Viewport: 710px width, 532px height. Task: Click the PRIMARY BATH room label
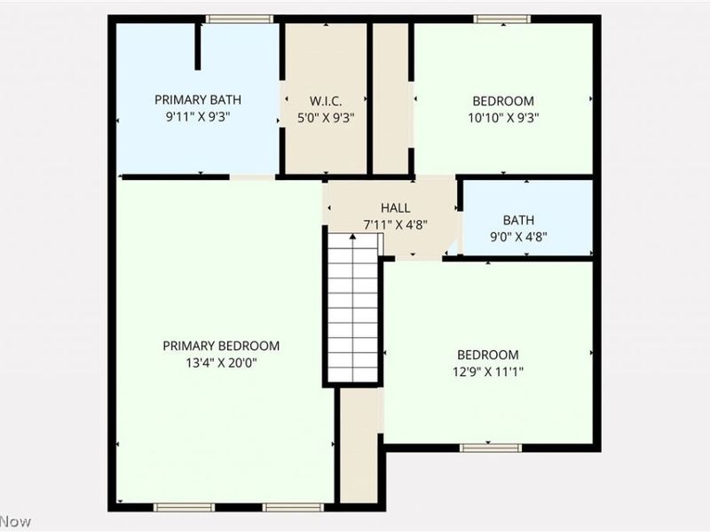click(x=197, y=100)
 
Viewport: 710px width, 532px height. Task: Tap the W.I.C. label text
click(x=326, y=100)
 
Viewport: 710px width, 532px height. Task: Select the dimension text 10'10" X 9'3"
click(x=503, y=116)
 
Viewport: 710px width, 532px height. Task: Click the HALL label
click(x=396, y=207)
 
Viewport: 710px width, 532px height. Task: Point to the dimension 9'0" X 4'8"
click(x=518, y=236)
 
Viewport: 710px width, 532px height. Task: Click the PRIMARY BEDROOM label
click(x=221, y=346)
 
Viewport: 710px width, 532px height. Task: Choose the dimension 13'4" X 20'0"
click(x=221, y=362)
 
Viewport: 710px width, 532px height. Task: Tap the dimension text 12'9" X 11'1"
click(x=487, y=371)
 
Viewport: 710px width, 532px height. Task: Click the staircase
click(x=353, y=306)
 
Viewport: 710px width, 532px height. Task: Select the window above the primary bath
click(x=239, y=19)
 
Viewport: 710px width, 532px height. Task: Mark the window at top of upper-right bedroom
click(x=501, y=19)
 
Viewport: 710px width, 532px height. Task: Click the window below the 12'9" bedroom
click(x=490, y=448)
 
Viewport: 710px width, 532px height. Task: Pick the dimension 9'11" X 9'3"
click(x=197, y=116)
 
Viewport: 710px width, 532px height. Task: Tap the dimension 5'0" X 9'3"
click(x=326, y=116)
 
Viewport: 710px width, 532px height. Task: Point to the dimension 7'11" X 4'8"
click(x=396, y=224)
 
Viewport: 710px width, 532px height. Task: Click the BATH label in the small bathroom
click(x=518, y=220)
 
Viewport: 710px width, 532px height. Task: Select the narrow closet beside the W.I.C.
click(x=390, y=98)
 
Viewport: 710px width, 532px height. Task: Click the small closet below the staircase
click(x=359, y=448)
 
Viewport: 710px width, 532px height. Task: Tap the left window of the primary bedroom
click(x=184, y=507)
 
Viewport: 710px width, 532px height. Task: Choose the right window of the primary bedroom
click(x=281, y=507)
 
